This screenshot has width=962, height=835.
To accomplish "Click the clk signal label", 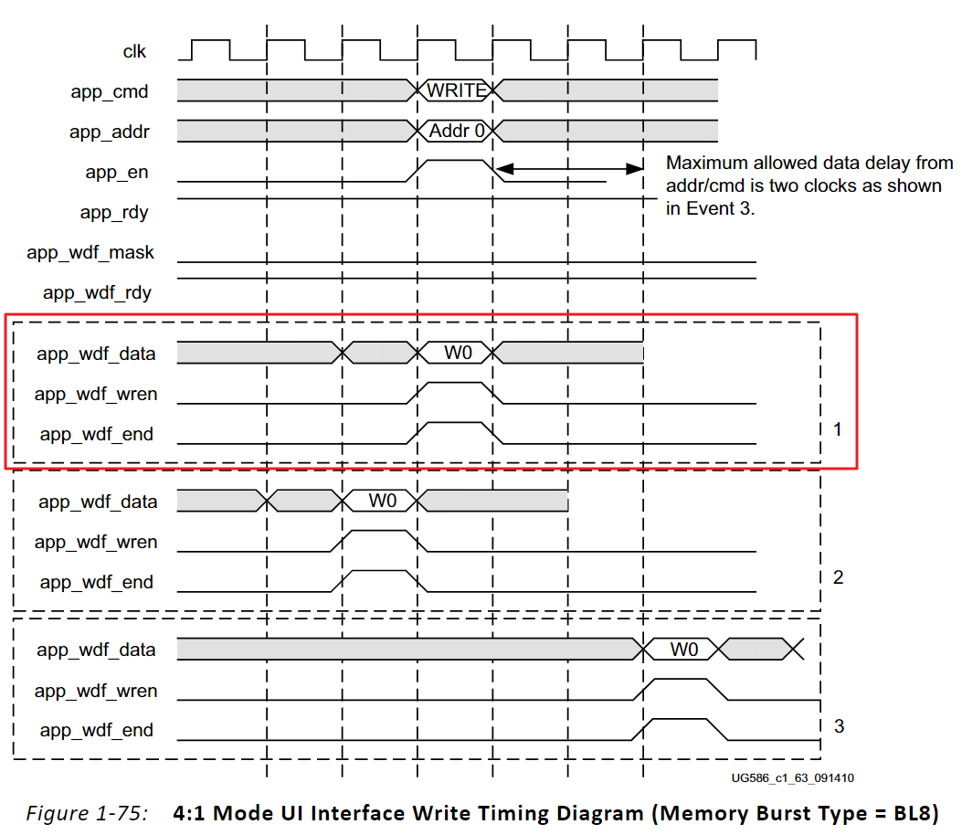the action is point(135,51).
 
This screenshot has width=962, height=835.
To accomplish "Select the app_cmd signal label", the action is point(110,91).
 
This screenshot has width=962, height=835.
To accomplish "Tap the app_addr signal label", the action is point(110,132).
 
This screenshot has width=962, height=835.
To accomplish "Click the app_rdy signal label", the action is point(114,213).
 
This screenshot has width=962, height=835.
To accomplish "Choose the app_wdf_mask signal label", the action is point(90,253).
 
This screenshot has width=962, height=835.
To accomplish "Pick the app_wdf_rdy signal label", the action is point(97,293).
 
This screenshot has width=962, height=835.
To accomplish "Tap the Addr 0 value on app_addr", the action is point(457,131).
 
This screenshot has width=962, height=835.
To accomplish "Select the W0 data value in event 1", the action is point(458,353).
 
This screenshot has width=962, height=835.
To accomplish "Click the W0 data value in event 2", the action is point(383,501).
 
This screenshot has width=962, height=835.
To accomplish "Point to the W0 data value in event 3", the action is point(684,650).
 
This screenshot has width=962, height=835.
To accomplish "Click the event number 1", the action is point(838,428).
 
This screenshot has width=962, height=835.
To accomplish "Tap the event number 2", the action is point(838,577).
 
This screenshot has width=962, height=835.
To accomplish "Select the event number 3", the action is point(839,726).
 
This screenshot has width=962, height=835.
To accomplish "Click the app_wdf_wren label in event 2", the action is point(96,542).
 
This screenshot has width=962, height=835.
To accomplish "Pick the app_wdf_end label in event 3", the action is point(97,731).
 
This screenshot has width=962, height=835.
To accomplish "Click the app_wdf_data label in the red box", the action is point(96,354).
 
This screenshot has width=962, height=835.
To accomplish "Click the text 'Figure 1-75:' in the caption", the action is point(87,812).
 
